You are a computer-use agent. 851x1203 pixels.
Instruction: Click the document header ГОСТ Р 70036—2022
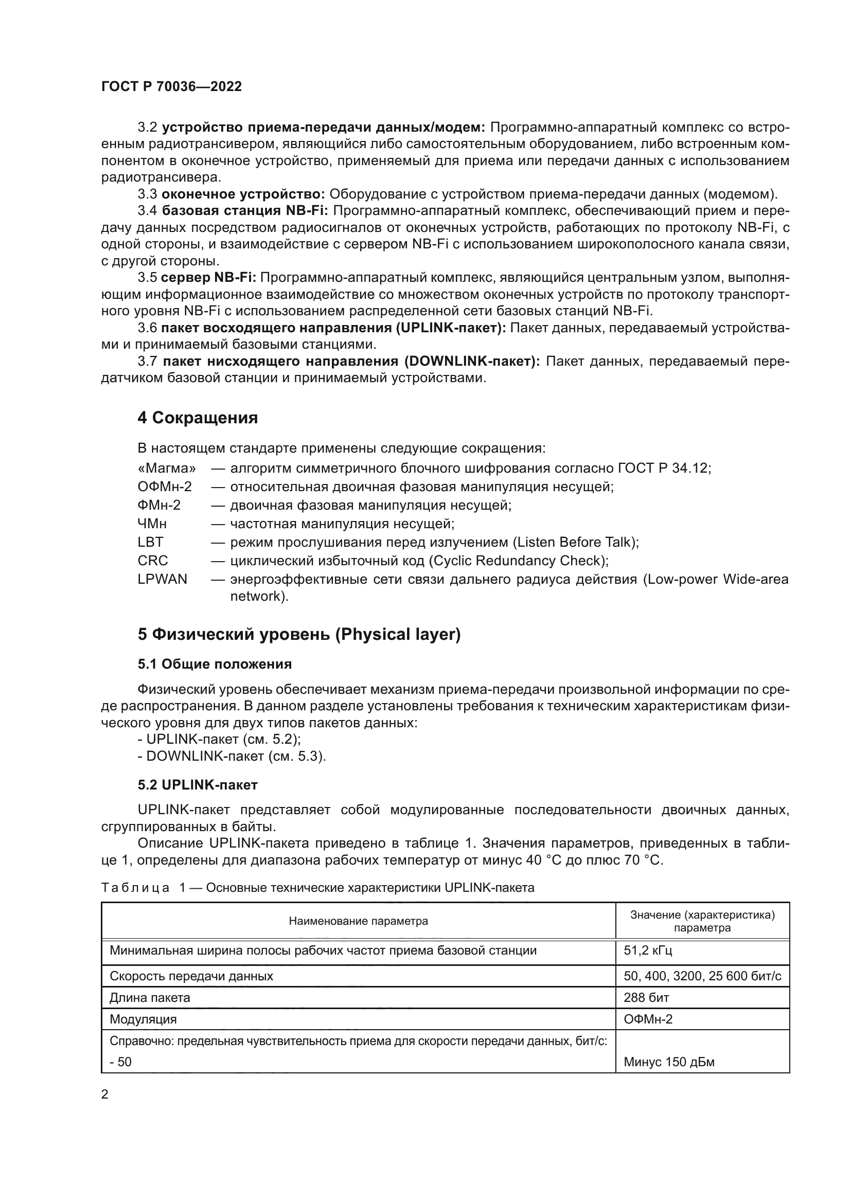coord(171,87)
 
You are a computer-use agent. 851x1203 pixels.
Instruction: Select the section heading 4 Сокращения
coord(198,418)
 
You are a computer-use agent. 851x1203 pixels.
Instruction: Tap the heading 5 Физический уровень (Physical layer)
coord(299,635)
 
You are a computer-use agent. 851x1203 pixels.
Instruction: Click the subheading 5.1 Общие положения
coord(215,665)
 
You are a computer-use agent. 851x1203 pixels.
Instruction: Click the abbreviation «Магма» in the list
coord(167,469)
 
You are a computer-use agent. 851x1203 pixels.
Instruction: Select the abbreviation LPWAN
coord(163,580)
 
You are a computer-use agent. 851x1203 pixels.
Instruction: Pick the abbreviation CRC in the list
coord(153,561)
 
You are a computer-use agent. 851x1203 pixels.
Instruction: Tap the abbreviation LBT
coord(150,542)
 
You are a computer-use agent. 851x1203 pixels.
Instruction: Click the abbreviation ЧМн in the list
coord(152,524)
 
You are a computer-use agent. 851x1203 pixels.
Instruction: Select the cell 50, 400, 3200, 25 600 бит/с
coord(702,976)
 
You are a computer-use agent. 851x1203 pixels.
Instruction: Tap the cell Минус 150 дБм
coord(669,1062)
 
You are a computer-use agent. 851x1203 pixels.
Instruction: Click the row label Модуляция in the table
coord(143,1019)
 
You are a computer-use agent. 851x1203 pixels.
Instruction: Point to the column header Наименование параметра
coord(358,921)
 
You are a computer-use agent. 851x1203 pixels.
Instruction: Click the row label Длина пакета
coord(149,998)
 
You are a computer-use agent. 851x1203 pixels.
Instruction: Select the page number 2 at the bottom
coord(105,1094)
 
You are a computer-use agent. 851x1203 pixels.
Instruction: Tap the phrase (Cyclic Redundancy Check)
coord(518,561)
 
